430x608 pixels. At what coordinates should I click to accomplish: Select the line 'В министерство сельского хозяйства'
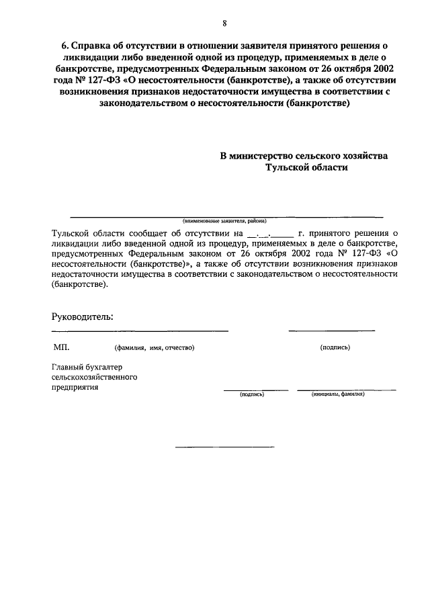[304, 155]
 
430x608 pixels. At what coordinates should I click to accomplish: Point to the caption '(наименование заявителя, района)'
[224, 220]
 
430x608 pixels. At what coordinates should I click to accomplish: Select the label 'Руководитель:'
[83, 316]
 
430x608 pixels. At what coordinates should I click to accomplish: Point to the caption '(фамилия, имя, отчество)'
[154, 348]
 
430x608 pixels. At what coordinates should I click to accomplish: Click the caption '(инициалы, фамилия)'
[338, 394]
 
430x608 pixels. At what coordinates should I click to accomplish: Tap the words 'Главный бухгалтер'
[89, 367]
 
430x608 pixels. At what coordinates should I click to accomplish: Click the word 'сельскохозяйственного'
[95, 377]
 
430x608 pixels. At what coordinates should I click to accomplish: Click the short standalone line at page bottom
[224, 447]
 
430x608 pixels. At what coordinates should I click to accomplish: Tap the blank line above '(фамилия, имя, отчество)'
[140, 331]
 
